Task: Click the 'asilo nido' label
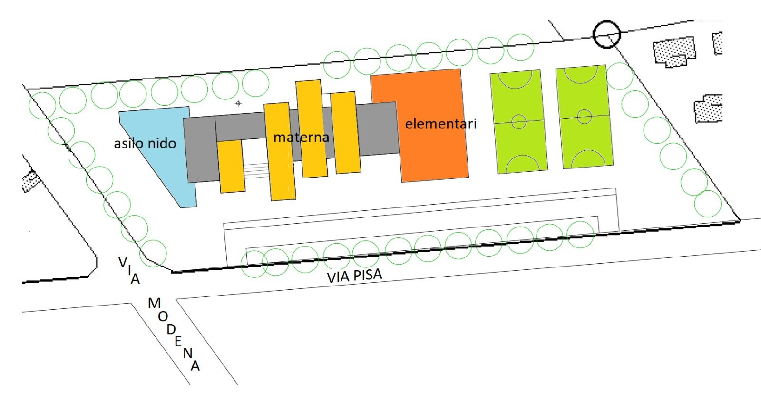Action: point(145,143)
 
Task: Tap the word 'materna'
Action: point(302,138)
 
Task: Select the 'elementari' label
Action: point(440,124)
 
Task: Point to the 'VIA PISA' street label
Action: point(354,276)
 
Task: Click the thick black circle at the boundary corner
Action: point(607,34)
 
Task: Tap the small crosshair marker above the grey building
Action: point(238,103)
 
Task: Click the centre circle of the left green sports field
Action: point(519,121)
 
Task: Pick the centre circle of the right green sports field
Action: point(585,117)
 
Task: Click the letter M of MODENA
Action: point(154,303)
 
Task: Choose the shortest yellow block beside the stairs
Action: point(231,167)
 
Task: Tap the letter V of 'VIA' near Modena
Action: point(123,262)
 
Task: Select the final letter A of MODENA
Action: point(195,366)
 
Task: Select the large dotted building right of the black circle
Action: point(674,52)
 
